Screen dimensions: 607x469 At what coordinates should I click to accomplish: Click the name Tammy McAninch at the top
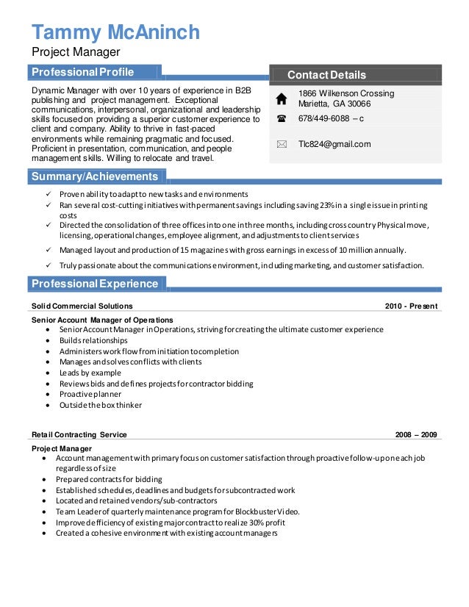115,32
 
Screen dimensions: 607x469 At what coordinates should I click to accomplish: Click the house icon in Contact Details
282,98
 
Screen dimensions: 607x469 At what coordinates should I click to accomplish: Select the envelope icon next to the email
282,145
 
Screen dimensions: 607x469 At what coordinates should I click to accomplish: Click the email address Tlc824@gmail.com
334,144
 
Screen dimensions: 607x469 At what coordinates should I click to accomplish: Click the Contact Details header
326,75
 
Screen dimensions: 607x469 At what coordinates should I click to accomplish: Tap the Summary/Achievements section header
95,176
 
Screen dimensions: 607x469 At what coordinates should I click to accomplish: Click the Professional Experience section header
95,284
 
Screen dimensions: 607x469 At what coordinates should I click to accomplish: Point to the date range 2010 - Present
411,306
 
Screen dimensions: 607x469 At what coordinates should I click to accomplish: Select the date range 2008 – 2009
415,434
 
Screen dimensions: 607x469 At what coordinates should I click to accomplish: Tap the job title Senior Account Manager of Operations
102,320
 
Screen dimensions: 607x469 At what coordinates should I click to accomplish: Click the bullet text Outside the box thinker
101,404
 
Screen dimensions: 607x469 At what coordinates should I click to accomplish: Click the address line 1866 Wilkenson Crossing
346,93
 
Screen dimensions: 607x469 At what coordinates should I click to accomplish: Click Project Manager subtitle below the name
74,52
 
